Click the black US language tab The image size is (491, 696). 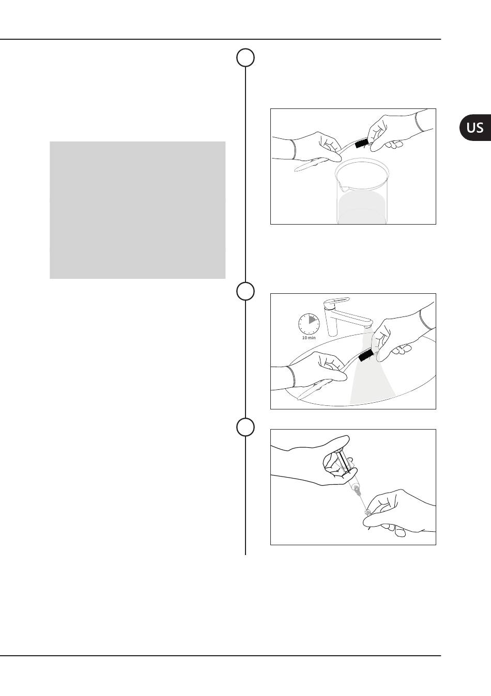(475, 128)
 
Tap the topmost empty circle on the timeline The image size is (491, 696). (245, 57)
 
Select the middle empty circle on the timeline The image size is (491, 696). (245, 291)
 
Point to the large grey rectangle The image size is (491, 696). (137, 210)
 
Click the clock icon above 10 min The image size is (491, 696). (309, 324)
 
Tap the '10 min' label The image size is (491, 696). (309, 338)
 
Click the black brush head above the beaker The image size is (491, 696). (361, 144)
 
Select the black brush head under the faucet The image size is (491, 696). (365, 355)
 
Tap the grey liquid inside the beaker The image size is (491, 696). (362, 208)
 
